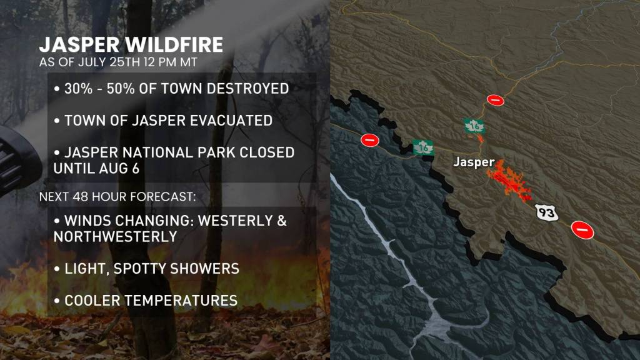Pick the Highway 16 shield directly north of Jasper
[x=476, y=126]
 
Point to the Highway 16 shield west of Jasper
[x=424, y=147]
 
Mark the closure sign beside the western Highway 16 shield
[x=369, y=141]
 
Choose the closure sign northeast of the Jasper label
[x=495, y=99]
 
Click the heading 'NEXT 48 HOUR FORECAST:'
[x=117, y=196]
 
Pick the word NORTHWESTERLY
[x=115, y=237]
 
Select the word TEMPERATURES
[x=181, y=301]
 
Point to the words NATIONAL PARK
[x=195, y=152]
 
